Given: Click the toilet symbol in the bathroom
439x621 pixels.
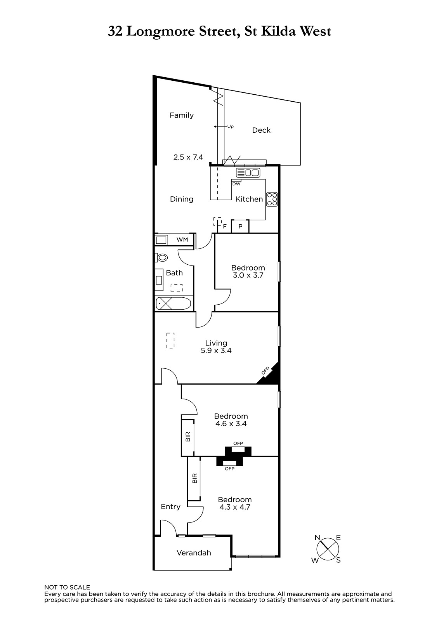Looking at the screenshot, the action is click(x=161, y=258).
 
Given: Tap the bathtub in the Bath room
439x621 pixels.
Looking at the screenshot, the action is click(x=174, y=304).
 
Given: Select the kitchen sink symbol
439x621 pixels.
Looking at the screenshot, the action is click(x=248, y=173).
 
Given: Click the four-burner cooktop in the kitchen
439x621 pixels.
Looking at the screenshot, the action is click(x=272, y=199).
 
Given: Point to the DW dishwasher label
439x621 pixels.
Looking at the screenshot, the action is click(x=236, y=184).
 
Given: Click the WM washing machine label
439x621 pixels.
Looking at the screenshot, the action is click(x=182, y=239).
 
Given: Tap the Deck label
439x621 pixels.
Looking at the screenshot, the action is click(x=261, y=130).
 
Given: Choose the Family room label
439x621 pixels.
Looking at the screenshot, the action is click(x=182, y=115).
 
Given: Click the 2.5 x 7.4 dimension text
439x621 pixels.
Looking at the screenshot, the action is click(x=188, y=157).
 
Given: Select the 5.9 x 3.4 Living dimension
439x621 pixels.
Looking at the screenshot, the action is click(x=216, y=350).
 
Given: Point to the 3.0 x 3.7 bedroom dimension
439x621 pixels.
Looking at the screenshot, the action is click(x=248, y=275).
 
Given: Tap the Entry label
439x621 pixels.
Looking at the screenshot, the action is click(x=170, y=507).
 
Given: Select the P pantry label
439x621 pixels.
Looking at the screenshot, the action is click(x=240, y=226).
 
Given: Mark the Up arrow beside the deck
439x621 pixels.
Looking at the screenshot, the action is click(x=220, y=127).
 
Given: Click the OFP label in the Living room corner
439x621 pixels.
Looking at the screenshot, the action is click(x=265, y=371).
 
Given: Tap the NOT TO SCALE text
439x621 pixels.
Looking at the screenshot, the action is click(x=67, y=587).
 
